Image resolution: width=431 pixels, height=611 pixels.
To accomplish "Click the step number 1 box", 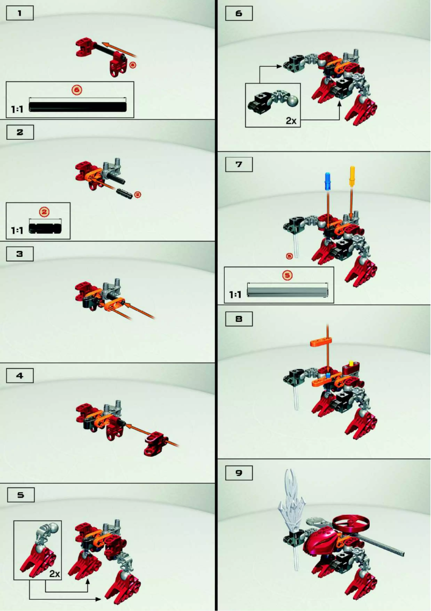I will click(x=20, y=13).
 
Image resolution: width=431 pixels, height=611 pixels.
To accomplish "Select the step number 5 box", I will click(x=20, y=495).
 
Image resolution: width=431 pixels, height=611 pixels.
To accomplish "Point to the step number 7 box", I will click(x=239, y=165).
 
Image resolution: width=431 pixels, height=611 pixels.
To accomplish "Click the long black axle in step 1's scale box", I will click(x=78, y=106).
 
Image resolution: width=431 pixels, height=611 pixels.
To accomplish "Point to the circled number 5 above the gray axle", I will click(x=288, y=275).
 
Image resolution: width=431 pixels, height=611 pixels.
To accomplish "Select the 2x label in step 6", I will click(x=291, y=121).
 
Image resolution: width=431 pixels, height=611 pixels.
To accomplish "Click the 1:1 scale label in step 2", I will click(x=17, y=230).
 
